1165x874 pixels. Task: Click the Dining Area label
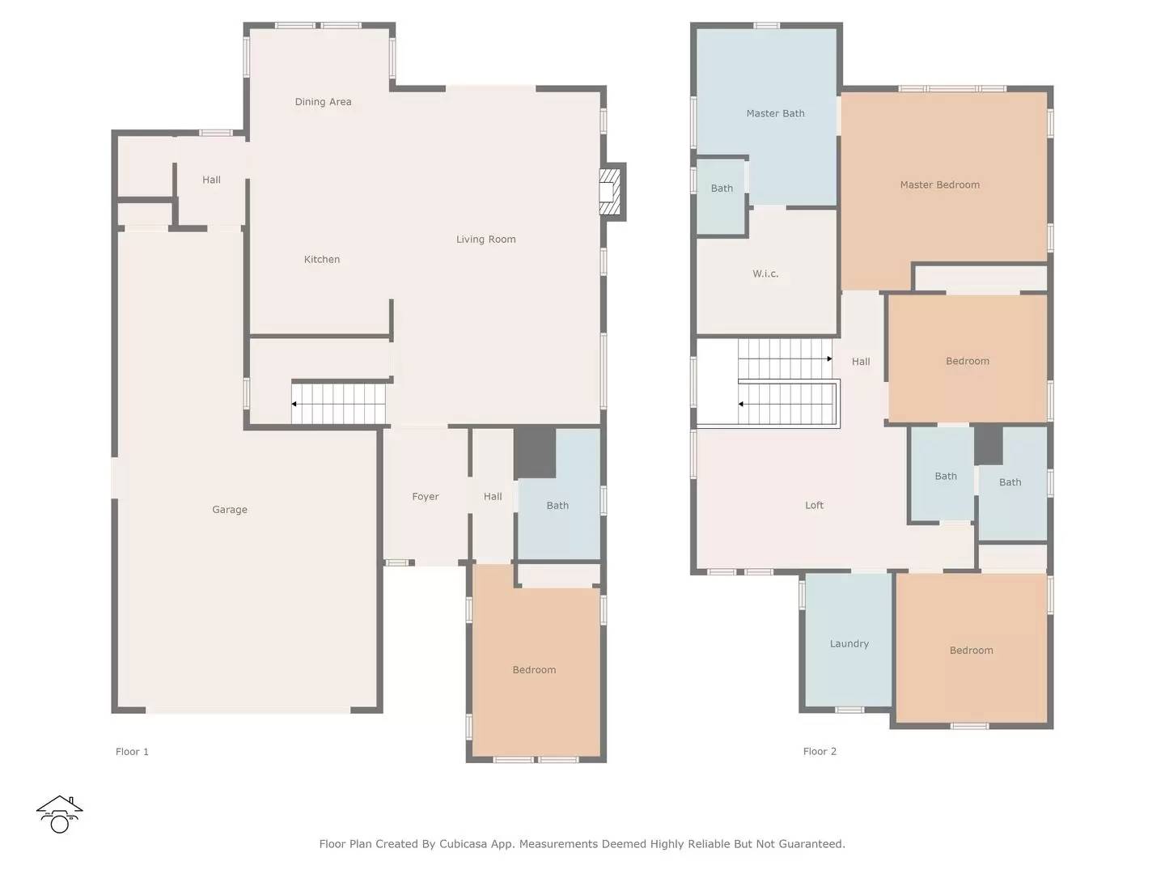pyautogui.click(x=323, y=101)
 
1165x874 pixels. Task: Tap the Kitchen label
pyautogui.click(x=322, y=259)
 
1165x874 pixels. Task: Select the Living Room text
pyautogui.click(x=485, y=240)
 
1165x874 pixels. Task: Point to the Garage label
pyautogui.click(x=229, y=510)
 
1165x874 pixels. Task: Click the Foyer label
pyautogui.click(x=425, y=497)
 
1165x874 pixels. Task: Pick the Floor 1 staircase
pyautogui.click(x=339, y=404)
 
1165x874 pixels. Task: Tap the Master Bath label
pyautogui.click(x=775, y=113)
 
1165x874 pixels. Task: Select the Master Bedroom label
pyautogui.click(x=939, y=185)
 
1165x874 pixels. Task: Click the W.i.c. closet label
pyautogui.click(x=765, y=274)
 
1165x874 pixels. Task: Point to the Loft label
pyautogui.click(x=814, y=505)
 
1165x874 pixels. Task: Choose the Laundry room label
pyautogui.click(x=849, y=643)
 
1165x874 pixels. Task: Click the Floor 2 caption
pyautogui.click(x=819, y=752)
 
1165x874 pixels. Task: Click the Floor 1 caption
pyautogui.click(x=132, y=752)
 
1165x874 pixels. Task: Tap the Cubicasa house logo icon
pyautogui.click(x=59, y=814)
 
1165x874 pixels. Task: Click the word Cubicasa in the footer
pyautogui.click(x=462, y=844)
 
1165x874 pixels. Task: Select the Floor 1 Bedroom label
pyautogui.click(x=534, y=670)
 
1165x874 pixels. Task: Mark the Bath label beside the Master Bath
pyautogui.click(x=722, y=189)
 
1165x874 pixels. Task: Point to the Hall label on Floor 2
pyautogui.click(x=860, y=362)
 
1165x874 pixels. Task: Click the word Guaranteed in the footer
pyautogui.click(x=810, y=844)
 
